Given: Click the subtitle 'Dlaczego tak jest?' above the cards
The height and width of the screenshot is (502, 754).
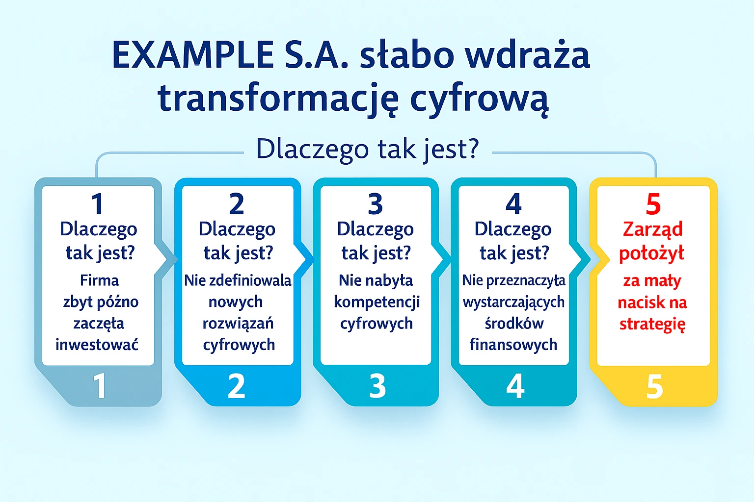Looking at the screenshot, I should [367, 149].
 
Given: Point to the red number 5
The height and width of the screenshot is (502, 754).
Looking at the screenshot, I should [653, 204].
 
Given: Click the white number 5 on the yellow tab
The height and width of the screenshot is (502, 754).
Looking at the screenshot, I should [654, 387].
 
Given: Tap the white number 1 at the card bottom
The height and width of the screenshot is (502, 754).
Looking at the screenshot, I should [100, 387].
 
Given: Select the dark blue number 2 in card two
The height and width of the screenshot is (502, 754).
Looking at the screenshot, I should [237, 204].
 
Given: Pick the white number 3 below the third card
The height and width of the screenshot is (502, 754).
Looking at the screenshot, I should [377, 387].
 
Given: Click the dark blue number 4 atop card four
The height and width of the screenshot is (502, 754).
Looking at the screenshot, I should [513, 204].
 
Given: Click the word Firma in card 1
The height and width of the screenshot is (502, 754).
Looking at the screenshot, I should [99, 280].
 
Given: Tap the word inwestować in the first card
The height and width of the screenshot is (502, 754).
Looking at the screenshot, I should [97, 345].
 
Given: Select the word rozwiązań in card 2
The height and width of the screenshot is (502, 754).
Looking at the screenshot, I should [238, 324].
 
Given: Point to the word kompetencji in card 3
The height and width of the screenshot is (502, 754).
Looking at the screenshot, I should [377, 302].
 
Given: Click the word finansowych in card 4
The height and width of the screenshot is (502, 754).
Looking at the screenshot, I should [513, 345].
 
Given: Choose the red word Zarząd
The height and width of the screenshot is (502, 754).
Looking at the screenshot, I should [652, 229].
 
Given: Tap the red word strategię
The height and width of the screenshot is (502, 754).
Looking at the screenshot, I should [652, 324].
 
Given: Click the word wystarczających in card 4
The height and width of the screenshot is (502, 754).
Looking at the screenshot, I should [513, 302].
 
